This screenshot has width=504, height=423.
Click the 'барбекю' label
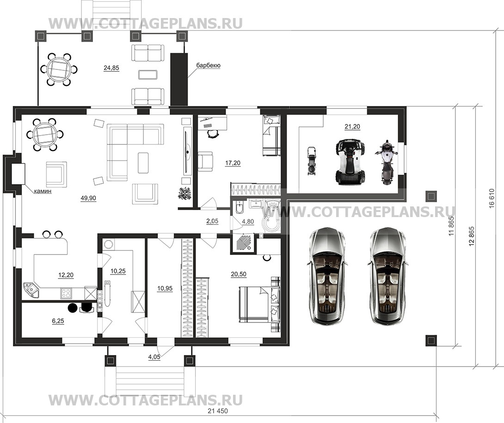point(208,66)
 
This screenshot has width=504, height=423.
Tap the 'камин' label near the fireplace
point(43,192)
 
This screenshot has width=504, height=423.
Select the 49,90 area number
point(88,198)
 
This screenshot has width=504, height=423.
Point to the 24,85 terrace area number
point(111,68)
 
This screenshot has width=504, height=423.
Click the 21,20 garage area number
point(352,127)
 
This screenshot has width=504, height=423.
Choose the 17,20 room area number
point(233,163)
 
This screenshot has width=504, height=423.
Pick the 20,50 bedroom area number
point(239,274)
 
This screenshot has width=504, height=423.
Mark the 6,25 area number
point(58,321)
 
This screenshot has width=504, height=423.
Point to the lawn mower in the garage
point(311,161)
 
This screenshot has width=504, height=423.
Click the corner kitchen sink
point(31,290)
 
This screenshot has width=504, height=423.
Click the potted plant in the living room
point(185,193)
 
